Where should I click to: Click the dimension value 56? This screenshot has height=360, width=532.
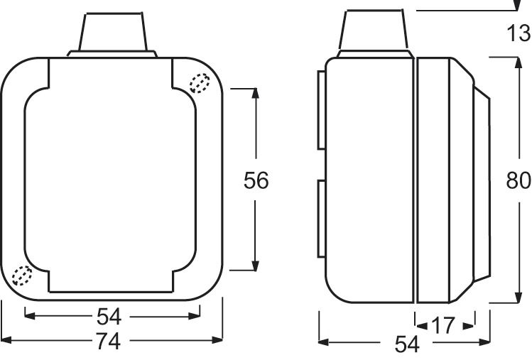256,180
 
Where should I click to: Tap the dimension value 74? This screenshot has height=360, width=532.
108,342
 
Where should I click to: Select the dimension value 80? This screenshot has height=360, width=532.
518,180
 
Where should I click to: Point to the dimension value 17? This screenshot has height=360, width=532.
443,326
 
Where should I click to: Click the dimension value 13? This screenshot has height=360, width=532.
519,33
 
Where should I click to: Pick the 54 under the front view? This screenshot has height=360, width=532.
109,317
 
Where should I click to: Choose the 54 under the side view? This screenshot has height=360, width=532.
407,344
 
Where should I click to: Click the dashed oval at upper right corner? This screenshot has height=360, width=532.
200,83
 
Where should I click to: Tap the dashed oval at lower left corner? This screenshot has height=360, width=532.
22,276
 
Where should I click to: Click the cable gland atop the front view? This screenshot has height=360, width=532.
112,35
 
